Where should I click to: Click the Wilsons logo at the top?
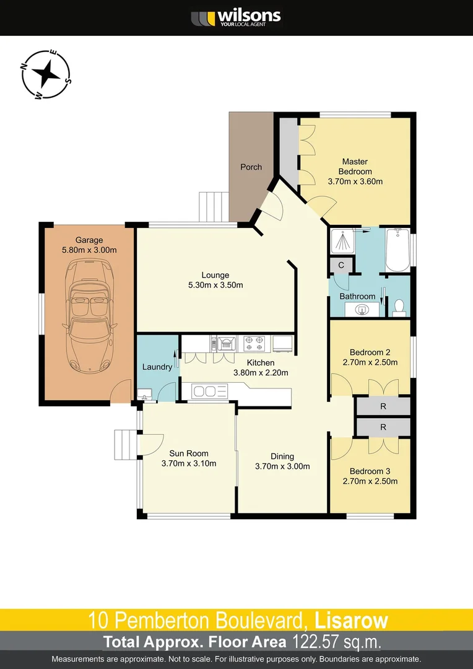tap(236, 17)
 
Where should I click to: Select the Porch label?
tap(251, 167)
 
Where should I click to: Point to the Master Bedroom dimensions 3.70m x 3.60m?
tap(355, 181)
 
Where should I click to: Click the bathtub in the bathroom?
tap(397, 250)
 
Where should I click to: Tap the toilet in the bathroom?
tap(399, 306)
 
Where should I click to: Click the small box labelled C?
tap(341, 265)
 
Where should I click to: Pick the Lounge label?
tap(215, 275)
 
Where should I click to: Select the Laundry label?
tap(157, 367)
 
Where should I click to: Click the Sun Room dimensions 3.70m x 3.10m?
tap(188, 463)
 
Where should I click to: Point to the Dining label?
tap(282, 457)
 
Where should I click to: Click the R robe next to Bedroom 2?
tap(383, 407)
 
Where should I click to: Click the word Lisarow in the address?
tap(351, 619)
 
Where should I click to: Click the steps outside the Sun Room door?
tap(124, 444)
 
